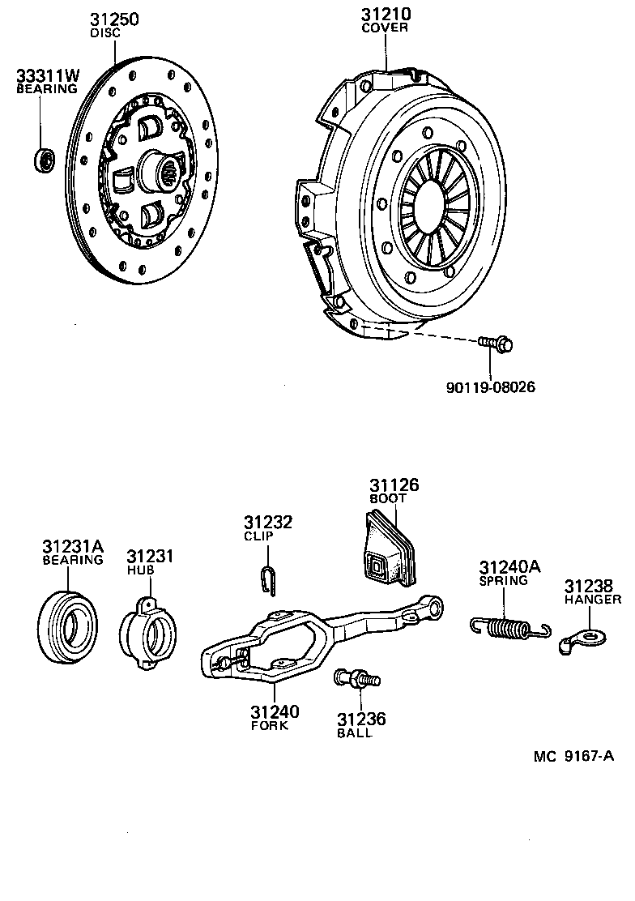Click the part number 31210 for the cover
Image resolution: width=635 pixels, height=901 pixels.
pyautogui.click(x=385, y=14)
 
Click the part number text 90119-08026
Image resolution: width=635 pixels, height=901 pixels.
pyautogui.click(x=490, y=387)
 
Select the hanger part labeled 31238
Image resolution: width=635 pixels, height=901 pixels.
pyautogui.click(x=583, y=638)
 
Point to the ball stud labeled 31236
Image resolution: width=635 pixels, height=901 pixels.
pyautogui.click(x=354, y=679)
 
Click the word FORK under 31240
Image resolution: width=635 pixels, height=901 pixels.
pyautogui.click(x=270, y=725)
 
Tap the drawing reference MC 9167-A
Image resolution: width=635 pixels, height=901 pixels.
pyautogui.click(x=573, y=757)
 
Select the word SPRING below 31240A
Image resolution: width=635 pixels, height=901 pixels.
pyautogui.click(x=503, y=580)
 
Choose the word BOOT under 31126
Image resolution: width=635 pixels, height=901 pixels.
pyautogui.click(x=387, y=498)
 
